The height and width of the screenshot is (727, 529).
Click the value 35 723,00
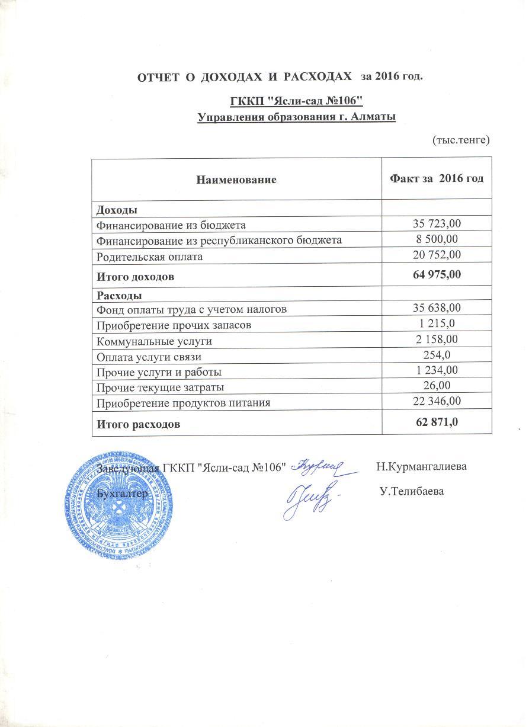(437, 223)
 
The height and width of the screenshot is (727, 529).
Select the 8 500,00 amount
(437, 239)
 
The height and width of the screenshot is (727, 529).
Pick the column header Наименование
(236, 179)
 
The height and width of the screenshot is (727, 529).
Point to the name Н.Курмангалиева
(421, 466)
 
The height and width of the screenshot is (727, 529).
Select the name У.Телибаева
(411, 492)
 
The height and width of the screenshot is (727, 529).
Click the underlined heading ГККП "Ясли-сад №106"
(296, 100)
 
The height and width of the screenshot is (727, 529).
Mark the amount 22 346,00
(437, 402)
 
